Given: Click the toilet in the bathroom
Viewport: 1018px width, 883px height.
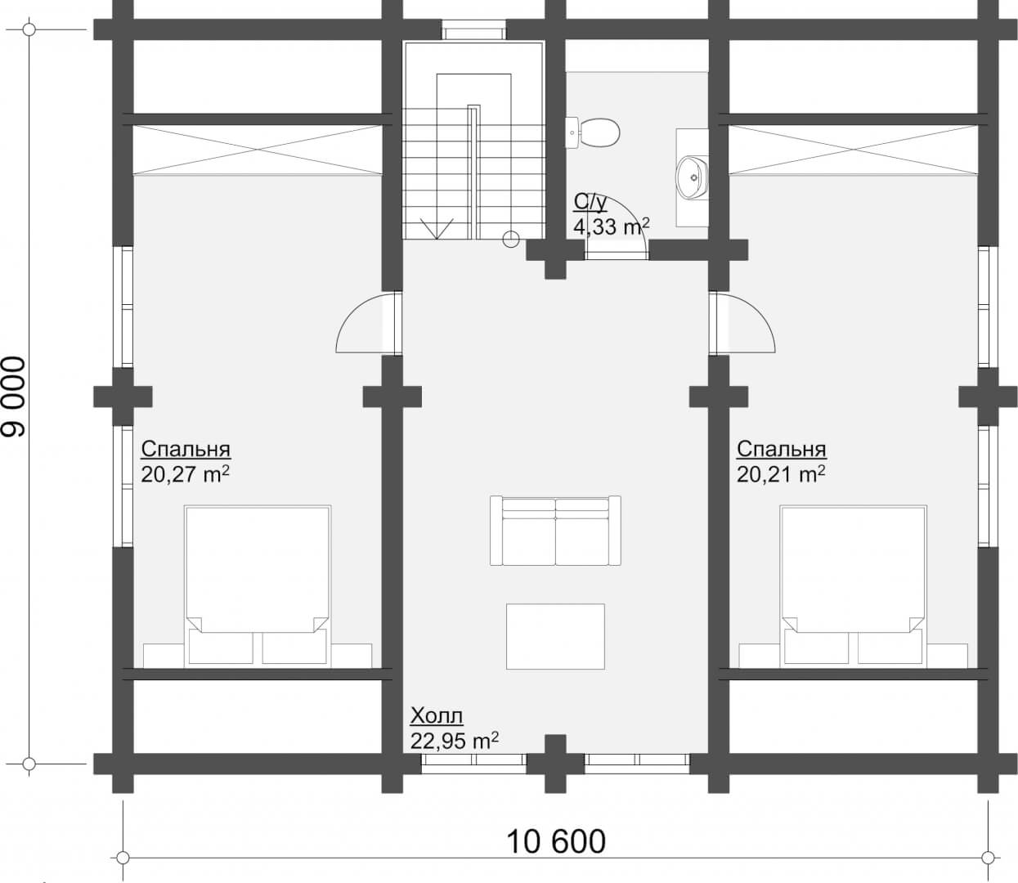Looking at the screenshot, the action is pyautogui.click(x=592, y=132).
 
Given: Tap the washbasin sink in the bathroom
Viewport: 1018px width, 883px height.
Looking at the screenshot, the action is pyautogui.click(x=692, y=177).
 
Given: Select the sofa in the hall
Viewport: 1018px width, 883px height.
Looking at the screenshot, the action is pyautogui.click(x=555, y=531).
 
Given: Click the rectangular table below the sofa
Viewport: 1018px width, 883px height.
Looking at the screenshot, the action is pyautogui.click(x=555, y=636).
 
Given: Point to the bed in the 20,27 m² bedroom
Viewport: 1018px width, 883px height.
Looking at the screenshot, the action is pyautogui.click(x=258, y=586).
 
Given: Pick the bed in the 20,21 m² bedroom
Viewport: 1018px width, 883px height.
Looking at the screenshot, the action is pyautogui.click(x=854, y=586).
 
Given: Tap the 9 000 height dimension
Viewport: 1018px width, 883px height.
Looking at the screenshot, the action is pyautogui.click(x=13, y=397).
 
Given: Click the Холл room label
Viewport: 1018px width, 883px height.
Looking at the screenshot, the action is pyautogui.click(x=437, y=717).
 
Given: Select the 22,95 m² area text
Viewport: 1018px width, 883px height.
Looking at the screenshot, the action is pyautogui.click(x=455, y=741).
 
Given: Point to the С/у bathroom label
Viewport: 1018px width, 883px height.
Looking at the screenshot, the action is pyautogui.click(x=590, y=203).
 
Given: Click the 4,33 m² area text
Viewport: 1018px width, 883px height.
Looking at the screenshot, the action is pyautogui.click(x=612, y=226).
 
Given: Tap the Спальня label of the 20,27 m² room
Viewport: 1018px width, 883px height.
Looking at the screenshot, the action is pyautogui.click(x=186, y=449).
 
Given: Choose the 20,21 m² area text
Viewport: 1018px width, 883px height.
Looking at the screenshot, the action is pyautogui.click(x=781, y=474).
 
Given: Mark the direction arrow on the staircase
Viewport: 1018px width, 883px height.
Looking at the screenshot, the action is pyautogui.click(x=437, y=229).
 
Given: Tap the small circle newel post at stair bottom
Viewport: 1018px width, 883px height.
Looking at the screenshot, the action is pyautogui.click(x=511, y=240).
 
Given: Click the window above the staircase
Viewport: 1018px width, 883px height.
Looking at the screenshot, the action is pyautogui.click(x=473, y=29).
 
